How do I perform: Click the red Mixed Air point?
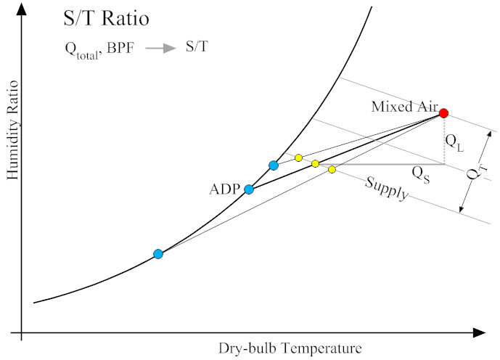pos(443,113)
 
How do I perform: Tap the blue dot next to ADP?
pos(249,189)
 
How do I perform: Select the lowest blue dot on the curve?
pos(158,254)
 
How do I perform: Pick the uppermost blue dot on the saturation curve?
pos(273,165)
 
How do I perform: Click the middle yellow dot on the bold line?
pos(315,163)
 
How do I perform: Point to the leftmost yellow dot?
pos(298,157)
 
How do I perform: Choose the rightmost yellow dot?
pos(332,169)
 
